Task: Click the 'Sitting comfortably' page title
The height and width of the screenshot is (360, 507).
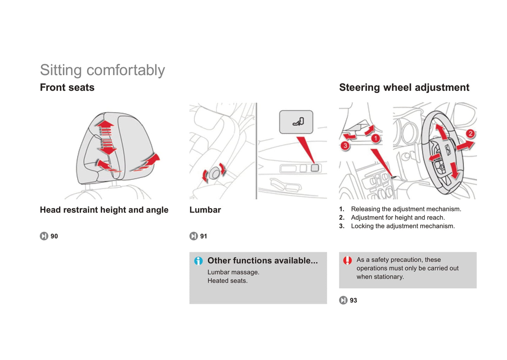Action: click(x=102, y=70)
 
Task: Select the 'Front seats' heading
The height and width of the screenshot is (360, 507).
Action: click(x=67, y=87)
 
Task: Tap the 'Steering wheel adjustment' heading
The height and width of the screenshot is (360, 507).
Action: click(x=404, y=88)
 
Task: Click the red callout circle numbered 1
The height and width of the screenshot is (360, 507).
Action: click(x=376, y=138)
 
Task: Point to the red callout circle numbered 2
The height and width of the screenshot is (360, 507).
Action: click(x=470, y=133)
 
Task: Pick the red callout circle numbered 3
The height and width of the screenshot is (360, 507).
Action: click(x=345, y=145)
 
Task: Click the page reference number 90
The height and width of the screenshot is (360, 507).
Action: click(x=54, y=236)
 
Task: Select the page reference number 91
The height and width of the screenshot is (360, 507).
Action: click(x=204, y=236)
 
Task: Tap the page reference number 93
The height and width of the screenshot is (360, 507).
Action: click(x=353, y=300)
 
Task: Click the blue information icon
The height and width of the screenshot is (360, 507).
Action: click(x=198, y=261)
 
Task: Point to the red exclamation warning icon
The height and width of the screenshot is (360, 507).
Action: click(x=347, y=260)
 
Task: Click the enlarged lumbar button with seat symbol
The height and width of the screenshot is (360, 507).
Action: click(x=296, y=122)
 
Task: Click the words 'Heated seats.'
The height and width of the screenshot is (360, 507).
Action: click(x=227, y=281)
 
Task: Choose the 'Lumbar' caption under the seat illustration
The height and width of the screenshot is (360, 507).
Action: click(x=205, y=210)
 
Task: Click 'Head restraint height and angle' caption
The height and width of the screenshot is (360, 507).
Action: click(x=104, y=210)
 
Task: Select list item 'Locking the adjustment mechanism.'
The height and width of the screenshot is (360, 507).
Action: click(x=403, y=226)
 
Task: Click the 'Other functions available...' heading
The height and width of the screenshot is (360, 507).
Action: click(x=262, y=261)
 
